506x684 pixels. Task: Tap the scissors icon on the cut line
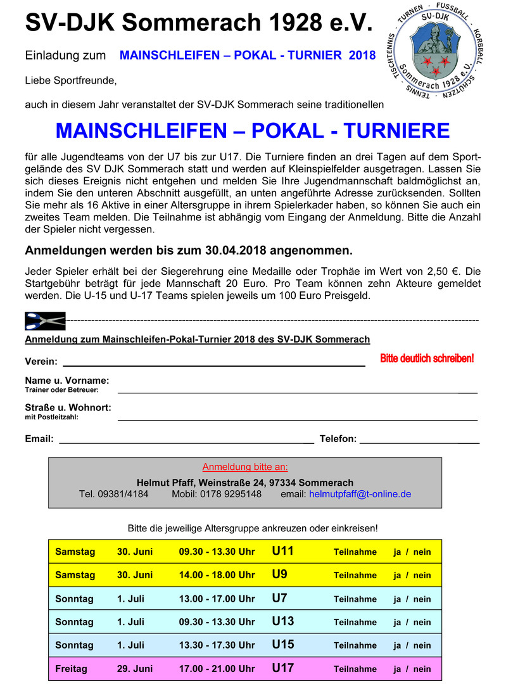click(45, 321)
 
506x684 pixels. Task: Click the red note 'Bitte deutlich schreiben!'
click(427, 358)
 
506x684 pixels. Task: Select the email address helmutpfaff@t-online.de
click(360, 494)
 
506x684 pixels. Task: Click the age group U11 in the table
click(283, 551)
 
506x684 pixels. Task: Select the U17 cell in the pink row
click(283, 668)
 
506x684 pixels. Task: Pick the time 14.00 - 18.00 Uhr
click(217, 575)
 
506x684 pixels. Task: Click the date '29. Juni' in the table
click(135, 668)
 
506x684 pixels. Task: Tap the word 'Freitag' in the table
click(72, 668)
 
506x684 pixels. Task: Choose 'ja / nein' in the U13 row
click(412, 622)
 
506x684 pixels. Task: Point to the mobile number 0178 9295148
click(217, 494)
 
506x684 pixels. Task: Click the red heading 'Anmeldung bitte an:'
click(245, 467)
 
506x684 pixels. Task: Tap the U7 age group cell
click(279, 598)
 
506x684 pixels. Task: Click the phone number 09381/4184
click(114, 494)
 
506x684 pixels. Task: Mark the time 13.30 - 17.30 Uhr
click(217, 645)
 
